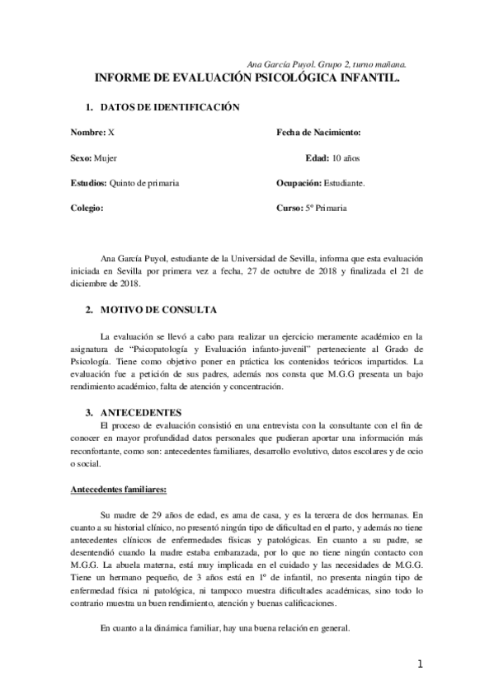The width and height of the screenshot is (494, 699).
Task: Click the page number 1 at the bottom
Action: click(420, 665)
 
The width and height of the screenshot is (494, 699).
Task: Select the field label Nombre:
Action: click(88, 133)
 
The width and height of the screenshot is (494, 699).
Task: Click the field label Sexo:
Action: click(82, 157)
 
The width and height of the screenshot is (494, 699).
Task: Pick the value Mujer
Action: click(106, 157)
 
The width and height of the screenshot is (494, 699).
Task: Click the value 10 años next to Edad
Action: click(347, 157)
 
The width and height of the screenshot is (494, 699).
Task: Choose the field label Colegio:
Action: click(87, 209)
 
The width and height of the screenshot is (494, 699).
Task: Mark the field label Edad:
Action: click(317, 157)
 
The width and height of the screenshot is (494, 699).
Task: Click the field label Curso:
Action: click(289, 209)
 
